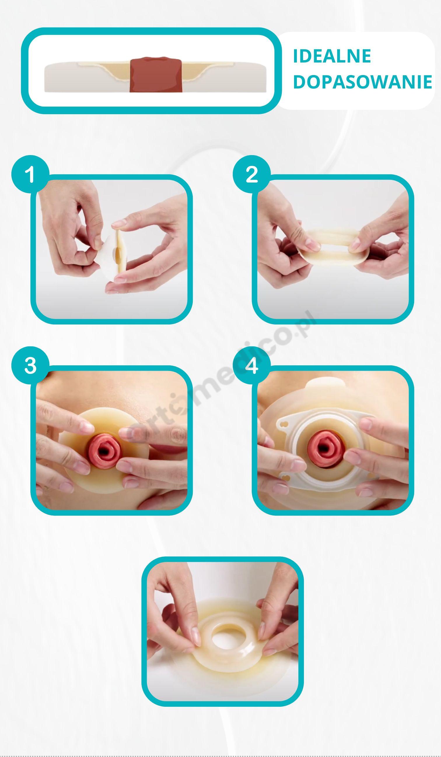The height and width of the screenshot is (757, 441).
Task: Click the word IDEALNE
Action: (332, 56)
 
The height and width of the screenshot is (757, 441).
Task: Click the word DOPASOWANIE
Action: (363, 81)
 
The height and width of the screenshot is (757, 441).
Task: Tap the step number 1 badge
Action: (30, 174)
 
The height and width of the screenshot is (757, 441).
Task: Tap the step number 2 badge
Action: (251, 174)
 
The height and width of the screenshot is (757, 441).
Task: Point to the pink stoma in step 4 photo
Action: (327, 449)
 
